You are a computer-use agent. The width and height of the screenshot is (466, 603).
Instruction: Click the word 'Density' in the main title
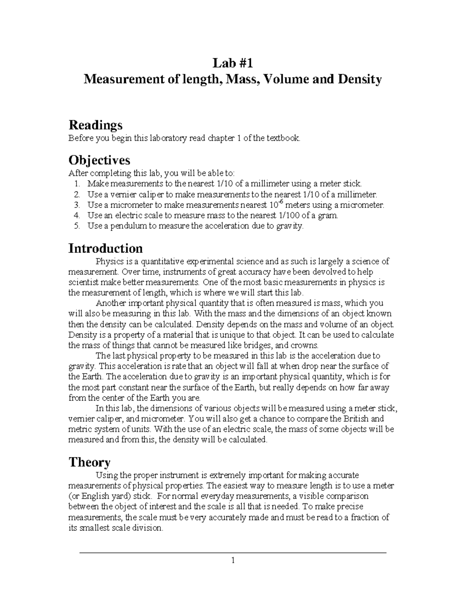tap(360, 80)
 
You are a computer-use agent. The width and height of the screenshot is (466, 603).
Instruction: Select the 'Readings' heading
tap(95, 125)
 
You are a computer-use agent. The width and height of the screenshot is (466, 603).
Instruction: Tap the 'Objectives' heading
tap(99, 160)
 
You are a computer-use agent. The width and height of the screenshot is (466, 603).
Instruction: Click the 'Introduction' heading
tap(105, 248)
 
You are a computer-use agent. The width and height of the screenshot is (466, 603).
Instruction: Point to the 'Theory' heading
tap(89, 462)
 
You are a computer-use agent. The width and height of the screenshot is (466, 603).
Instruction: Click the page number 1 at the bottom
tap(233, 560)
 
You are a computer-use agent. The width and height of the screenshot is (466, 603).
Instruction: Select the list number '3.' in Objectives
tap(76, 205)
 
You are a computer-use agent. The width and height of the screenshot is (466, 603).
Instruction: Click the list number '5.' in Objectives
tap(76, 226)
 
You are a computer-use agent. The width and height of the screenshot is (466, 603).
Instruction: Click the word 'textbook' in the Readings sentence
tap(286, 138)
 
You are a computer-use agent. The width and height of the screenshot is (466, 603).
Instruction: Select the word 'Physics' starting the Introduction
tap(109, 261)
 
